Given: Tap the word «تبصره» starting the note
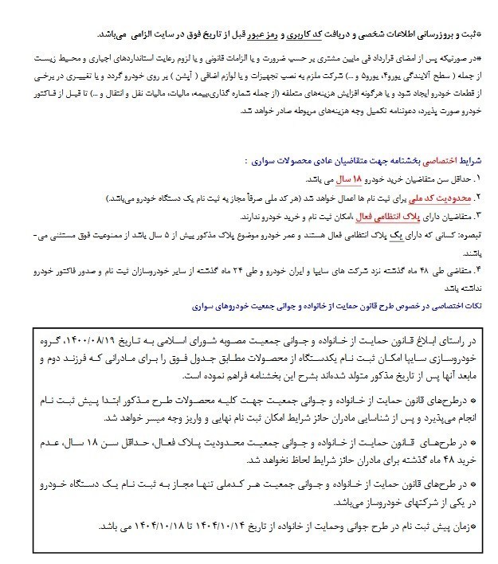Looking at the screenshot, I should point(471,236).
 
